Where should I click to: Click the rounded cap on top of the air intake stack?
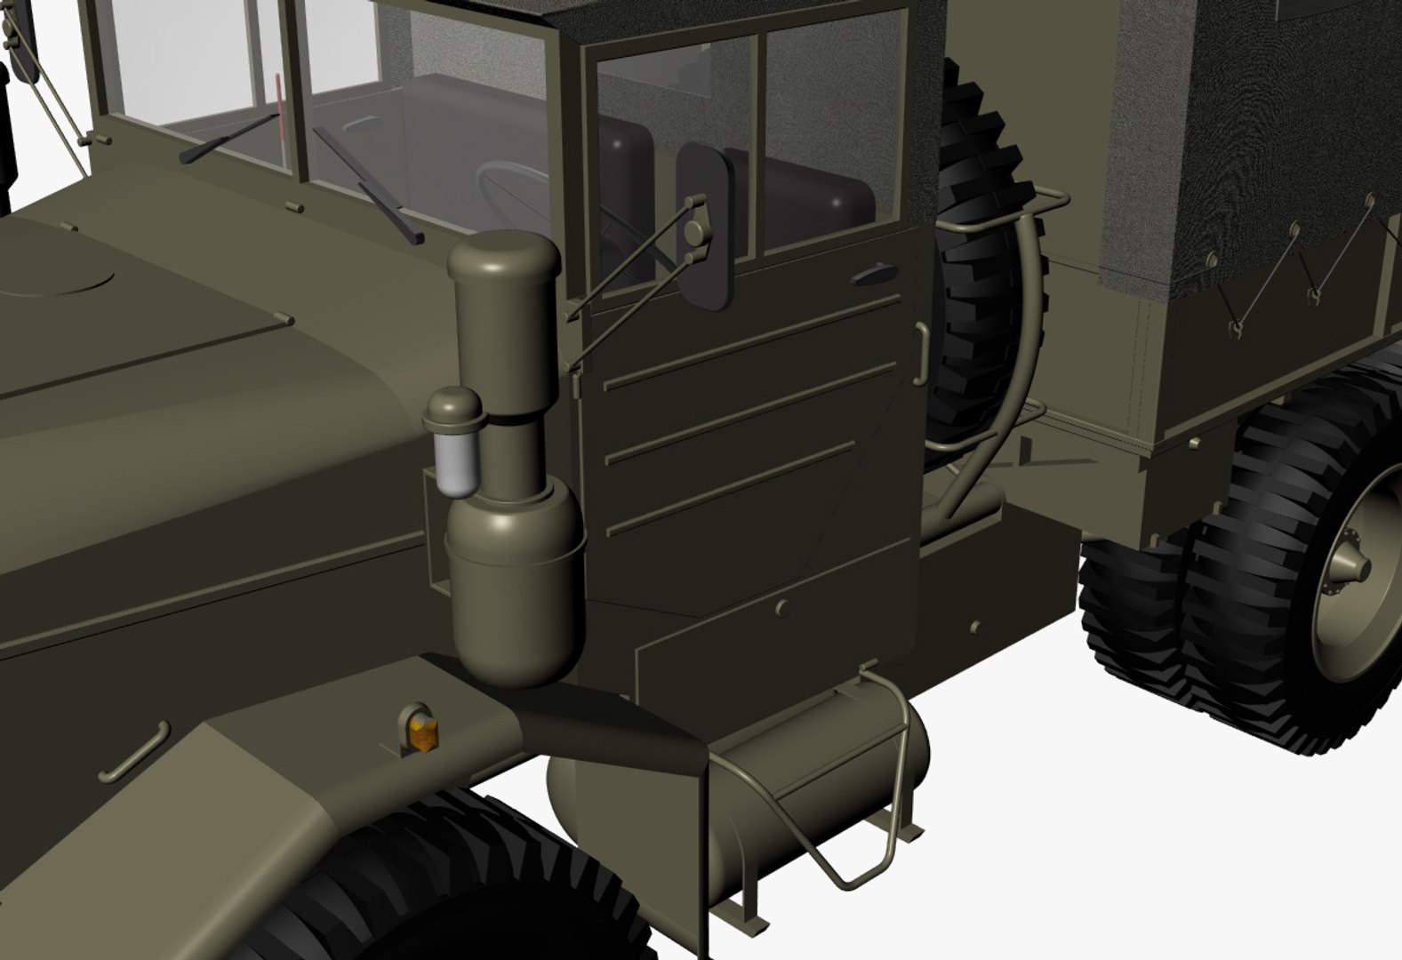coord(504,253)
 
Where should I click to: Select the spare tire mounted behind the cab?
coord(987,267)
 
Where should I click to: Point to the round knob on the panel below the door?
coord(782,608)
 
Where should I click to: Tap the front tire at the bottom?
coord(462,880)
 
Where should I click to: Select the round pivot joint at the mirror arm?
coord(694,232)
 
